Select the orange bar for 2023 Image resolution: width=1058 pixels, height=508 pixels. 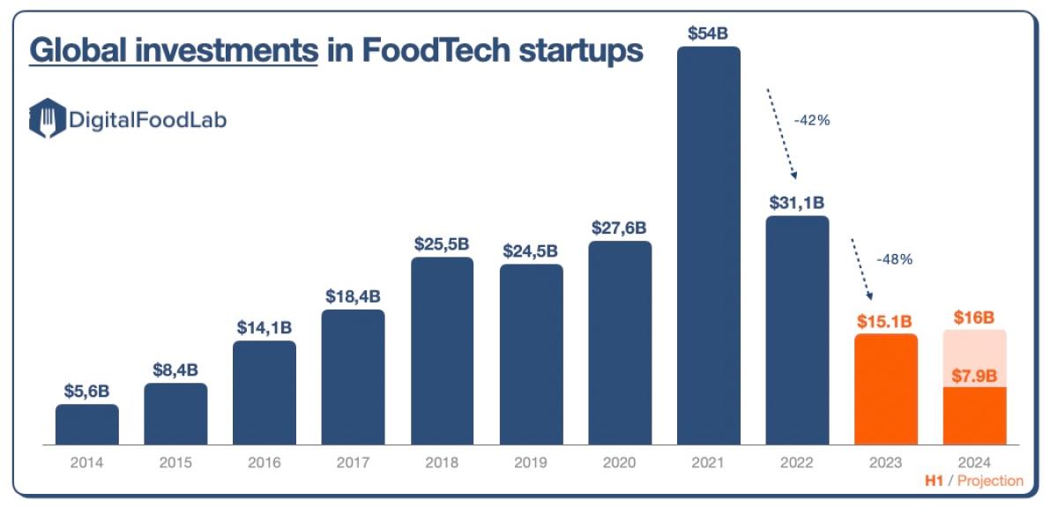coord(886,389)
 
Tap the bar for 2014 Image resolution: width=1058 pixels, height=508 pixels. coord(86,424)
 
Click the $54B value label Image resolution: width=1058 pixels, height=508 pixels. coord(708,33)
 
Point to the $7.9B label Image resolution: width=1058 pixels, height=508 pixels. coord(974,376)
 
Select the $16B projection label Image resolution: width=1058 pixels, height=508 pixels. coord(974,317)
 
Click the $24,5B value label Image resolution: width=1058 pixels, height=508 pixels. coord(531,250)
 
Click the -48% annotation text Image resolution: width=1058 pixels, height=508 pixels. coord(894,259)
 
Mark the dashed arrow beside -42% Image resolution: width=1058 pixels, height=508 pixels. coord(781,133)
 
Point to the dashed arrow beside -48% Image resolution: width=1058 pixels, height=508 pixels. coord(862,270)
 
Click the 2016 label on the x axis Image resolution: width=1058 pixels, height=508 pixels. coord(264,462)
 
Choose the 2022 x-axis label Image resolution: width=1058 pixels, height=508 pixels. coord(797,462)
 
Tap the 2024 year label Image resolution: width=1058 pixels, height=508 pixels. coord(974,462)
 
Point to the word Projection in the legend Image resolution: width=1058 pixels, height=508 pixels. coord(990,481)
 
